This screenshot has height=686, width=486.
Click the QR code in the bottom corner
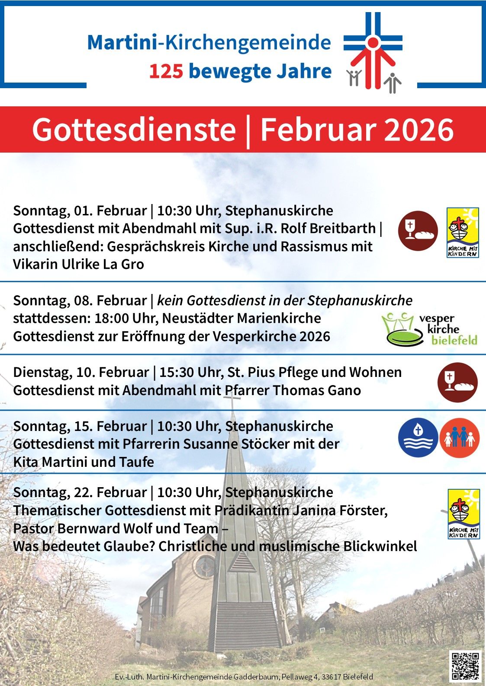click(x=465, y=665)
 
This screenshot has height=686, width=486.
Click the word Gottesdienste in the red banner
click(x=134, y=129)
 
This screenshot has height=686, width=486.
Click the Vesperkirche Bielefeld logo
click(x=429, y=329)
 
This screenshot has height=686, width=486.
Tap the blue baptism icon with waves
click(x=418, y=437)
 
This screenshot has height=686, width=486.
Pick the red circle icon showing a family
click(x=460, y=437)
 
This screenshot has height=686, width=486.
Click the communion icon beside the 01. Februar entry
click(x=418, y=230)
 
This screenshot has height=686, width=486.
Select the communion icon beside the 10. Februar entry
click(x=457, y=383)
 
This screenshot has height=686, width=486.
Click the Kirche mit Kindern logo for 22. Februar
click(x=463, y=514)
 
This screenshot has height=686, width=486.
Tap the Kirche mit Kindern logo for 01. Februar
click(x=463, y=232)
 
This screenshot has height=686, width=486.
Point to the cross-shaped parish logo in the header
click(x=373, y=51)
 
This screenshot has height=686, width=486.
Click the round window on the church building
click(x=204, y=566)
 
